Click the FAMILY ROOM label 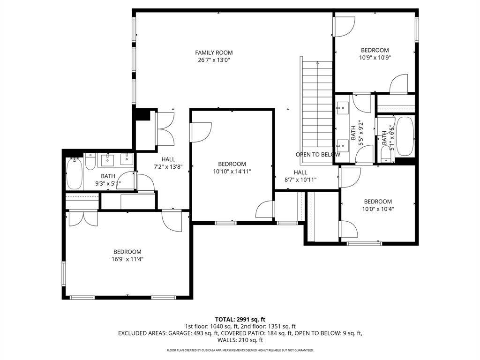click(x=214, y=52)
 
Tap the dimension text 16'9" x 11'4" click(x=127, y=259)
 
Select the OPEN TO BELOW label click(x=318, y=155)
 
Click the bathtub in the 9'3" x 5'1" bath click(x=75, y=173)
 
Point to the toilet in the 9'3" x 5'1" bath click(x=90, y=162)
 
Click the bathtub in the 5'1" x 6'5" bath click(x=405, y=136)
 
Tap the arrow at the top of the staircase click(x=317, y=63)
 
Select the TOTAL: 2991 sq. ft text click(x=240, y=320)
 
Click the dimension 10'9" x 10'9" click(x=375, y=58)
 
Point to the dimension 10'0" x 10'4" click(x=378, y=209)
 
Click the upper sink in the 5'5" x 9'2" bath click(x=343, y=108)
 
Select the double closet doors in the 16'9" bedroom click(x=83, y=218)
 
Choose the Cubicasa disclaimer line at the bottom click(x=240, y=350)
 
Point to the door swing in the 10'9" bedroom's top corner click(x=345, y=27)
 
